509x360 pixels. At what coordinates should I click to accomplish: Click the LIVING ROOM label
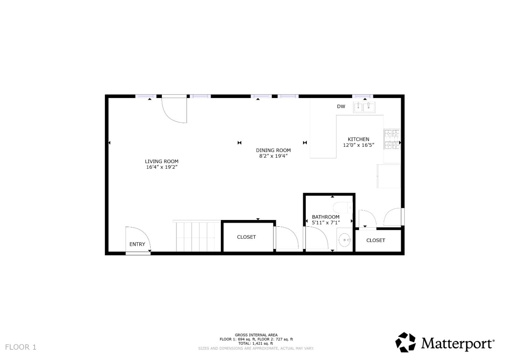162,162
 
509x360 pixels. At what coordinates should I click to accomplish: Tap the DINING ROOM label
273,150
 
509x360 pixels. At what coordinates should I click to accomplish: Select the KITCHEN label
358,139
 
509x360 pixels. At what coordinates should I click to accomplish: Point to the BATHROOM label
326,217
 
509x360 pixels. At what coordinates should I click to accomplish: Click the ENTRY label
137,244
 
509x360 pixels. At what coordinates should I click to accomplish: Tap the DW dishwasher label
341,106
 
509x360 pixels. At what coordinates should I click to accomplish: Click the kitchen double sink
364,107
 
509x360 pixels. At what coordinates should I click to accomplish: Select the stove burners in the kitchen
392,139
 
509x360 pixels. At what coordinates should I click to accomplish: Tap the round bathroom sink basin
344,240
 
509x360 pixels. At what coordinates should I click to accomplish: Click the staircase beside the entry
195,236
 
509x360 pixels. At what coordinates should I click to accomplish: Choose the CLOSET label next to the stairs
246,237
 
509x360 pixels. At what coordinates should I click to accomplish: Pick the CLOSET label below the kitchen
376,240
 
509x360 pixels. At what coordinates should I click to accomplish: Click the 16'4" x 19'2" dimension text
162,167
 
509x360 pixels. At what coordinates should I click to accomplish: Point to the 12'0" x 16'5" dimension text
358,145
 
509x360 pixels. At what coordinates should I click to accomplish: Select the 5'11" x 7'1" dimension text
326,222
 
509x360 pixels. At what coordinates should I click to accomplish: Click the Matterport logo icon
405,342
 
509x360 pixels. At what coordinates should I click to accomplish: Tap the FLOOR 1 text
21,347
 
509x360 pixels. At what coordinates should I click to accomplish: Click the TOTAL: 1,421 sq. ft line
256,343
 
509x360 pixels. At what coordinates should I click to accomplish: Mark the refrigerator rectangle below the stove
389,176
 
